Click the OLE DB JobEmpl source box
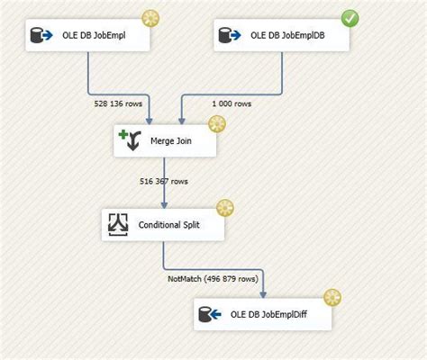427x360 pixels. click(x=86, y=36)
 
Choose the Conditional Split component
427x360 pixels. click(x=162, y=226)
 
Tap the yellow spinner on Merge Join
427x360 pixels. click(x=217, y=122)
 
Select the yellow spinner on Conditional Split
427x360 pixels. click(x=224, y=208)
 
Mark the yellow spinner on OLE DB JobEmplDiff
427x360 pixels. click(x=332, y=297)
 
